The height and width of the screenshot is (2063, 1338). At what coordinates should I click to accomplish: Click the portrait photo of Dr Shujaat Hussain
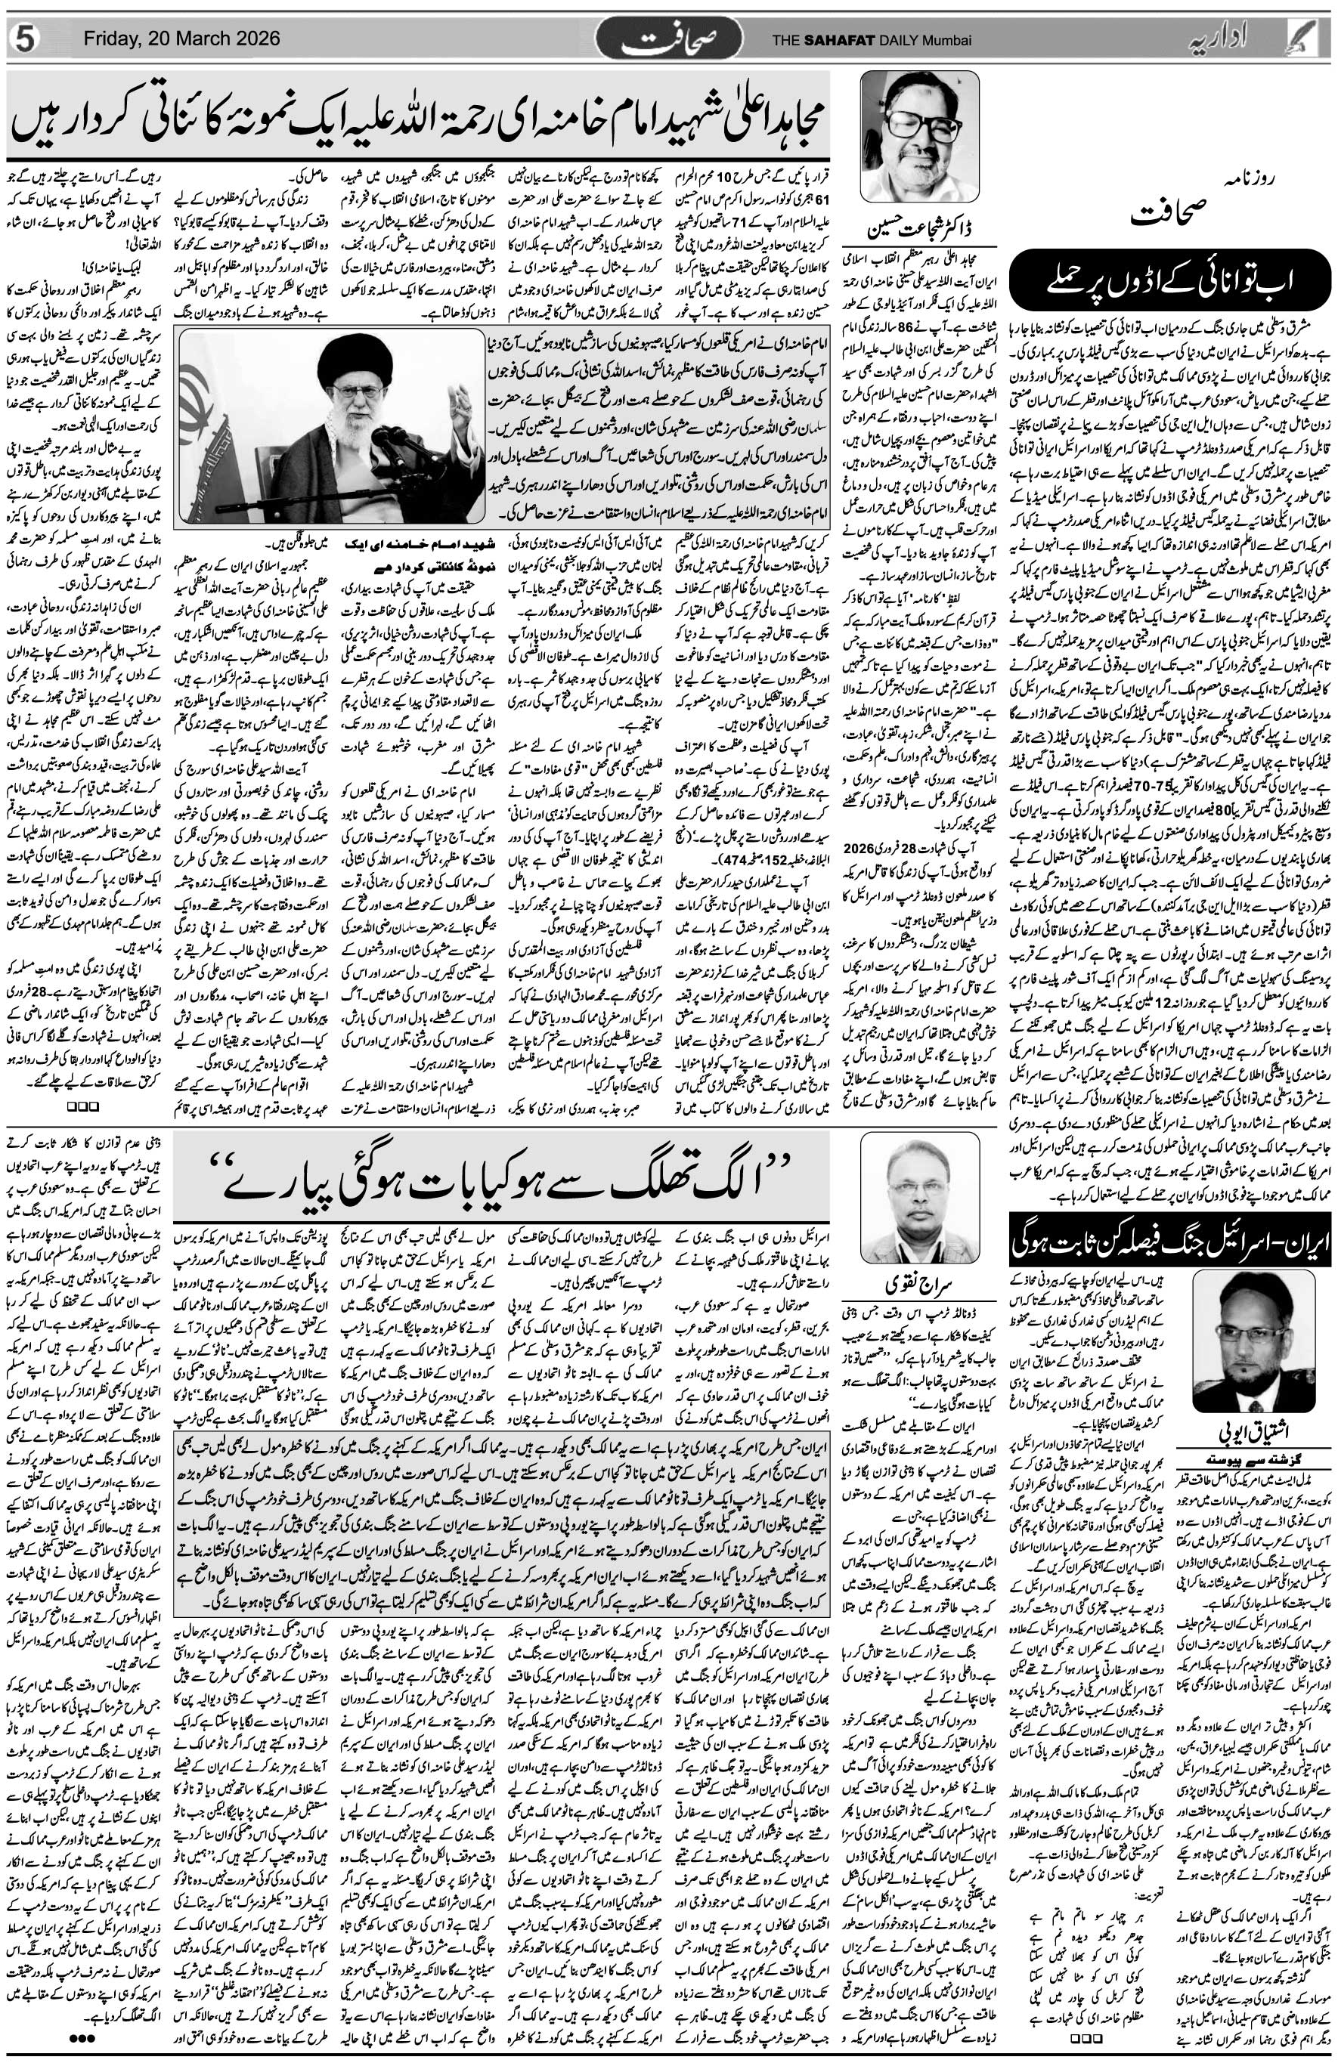pos(919,137)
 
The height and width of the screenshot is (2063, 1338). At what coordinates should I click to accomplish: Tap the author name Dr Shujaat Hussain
pos(919,231)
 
